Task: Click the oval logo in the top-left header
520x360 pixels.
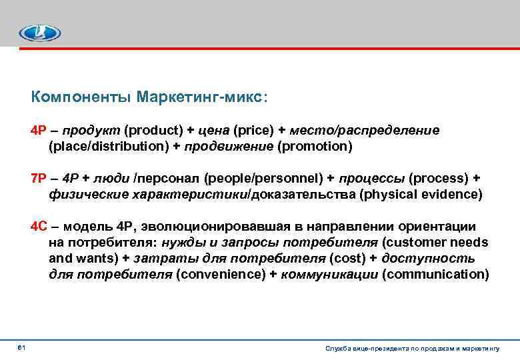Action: [x=39, y=32]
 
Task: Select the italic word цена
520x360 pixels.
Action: [x=214, y=129]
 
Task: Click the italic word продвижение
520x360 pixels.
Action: [x=227, y=145]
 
